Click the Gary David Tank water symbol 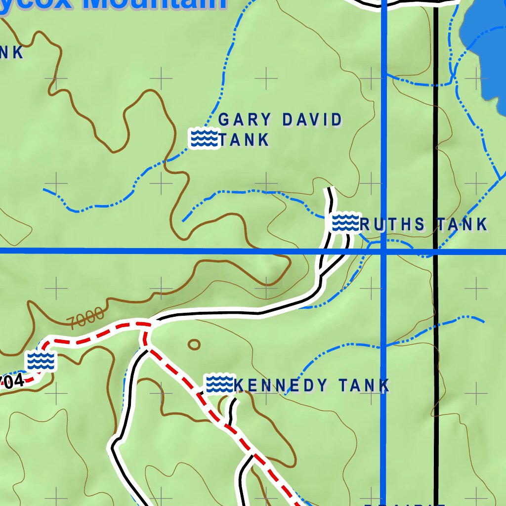(204, 138)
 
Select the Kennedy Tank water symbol (218, 384)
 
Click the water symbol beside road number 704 (41, 361)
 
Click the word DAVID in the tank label (312, 120)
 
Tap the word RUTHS (393, 225)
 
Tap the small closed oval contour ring (194, 344)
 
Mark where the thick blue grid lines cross (384, 252)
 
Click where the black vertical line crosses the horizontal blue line (436, 252)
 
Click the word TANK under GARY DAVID (245, 140)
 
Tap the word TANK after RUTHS (463, 225)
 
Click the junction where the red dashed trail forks (145, 326)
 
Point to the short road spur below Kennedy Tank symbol (232, 410)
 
